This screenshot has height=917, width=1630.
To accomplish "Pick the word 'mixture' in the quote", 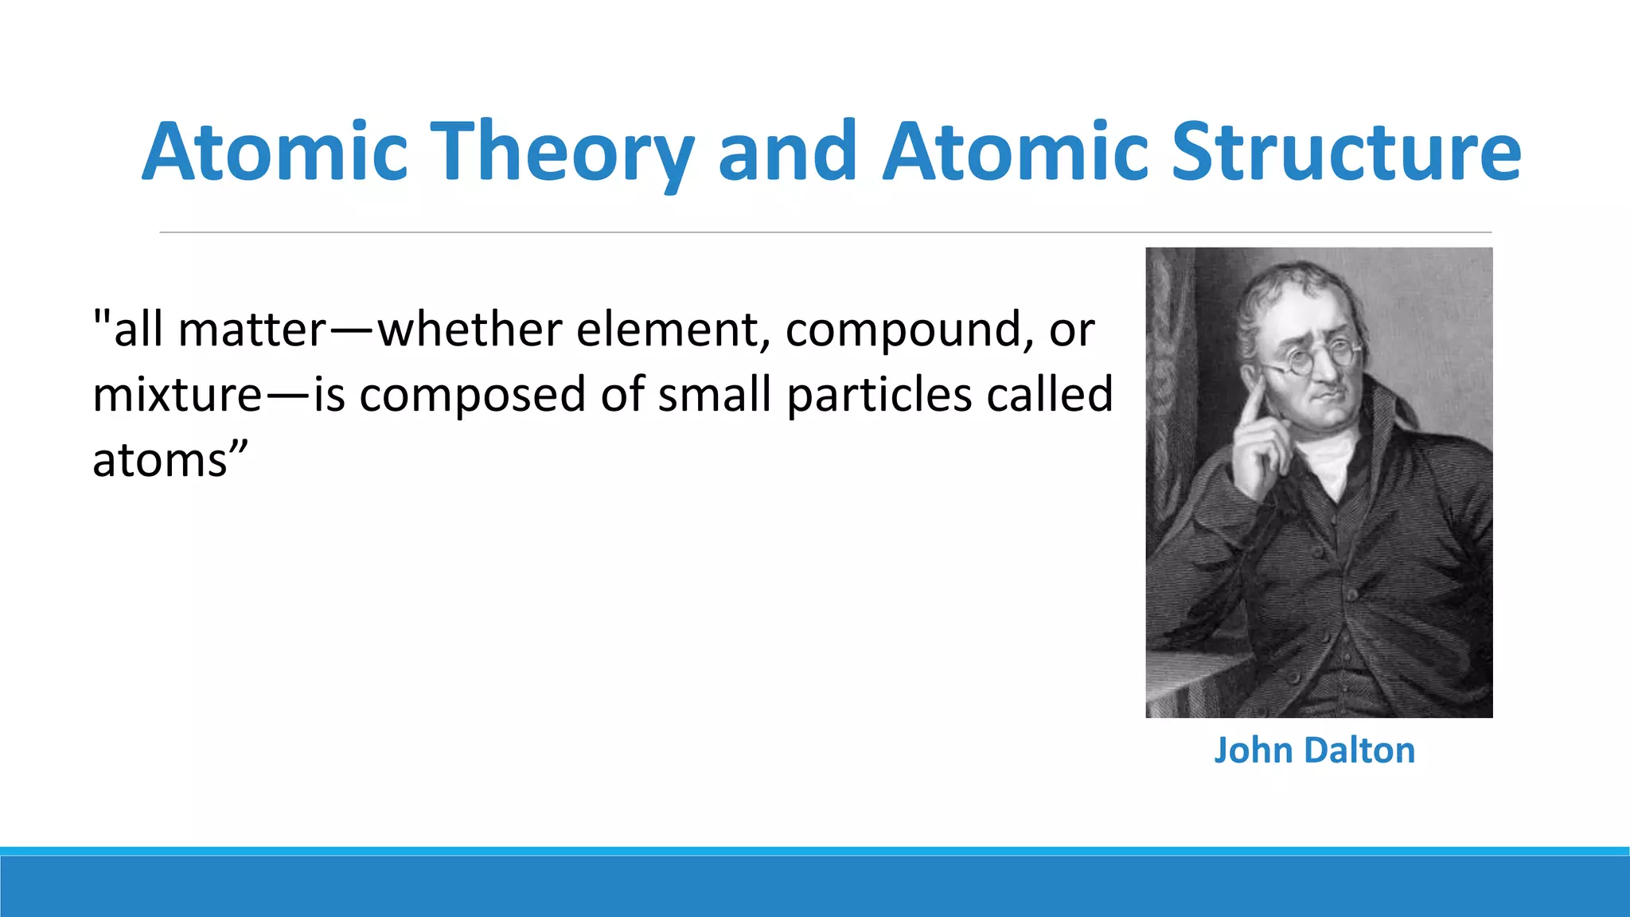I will coord(177,395).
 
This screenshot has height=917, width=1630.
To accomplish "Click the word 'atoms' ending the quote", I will coord(161,460).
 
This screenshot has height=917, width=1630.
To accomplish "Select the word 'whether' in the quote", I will coord(470,330).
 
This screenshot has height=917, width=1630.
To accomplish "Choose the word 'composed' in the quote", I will coord(472,395).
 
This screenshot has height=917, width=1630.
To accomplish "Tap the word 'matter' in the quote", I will coord(252,330).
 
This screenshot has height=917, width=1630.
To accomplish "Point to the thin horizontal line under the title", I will coord(825,232).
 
